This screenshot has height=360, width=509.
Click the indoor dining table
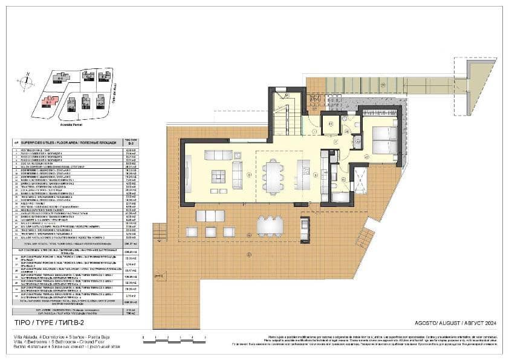pos(273,176)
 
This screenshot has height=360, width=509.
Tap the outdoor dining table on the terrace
pos(270,226)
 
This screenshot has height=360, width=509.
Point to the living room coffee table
pos(218,176)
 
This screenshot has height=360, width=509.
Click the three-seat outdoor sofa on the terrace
pos(210,215)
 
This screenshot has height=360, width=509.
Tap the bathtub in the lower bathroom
pos(340,197)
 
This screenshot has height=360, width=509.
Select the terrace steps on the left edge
pos(160,231)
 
